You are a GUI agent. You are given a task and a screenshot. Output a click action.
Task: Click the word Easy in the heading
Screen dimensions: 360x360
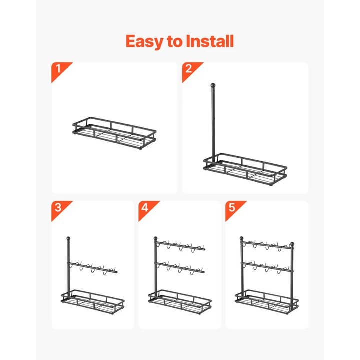tap(143, 41)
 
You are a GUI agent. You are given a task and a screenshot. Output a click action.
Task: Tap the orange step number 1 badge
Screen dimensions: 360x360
tap(59, 69)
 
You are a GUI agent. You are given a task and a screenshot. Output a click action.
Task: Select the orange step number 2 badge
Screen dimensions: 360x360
tap(189, 69)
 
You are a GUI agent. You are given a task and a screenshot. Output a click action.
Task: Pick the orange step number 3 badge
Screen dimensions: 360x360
tap(59, 208)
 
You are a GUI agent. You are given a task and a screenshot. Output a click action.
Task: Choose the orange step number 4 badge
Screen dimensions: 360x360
tap(146, 208)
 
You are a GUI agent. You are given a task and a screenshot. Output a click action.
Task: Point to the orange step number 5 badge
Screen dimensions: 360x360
tap(232, 208)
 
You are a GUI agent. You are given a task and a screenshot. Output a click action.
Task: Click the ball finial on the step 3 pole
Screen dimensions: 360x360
tap(67, 239)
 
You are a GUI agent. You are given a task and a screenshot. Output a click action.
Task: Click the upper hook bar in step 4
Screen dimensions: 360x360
tap(181, 246)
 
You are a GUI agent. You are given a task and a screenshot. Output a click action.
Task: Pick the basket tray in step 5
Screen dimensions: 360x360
tap(266, 298)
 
